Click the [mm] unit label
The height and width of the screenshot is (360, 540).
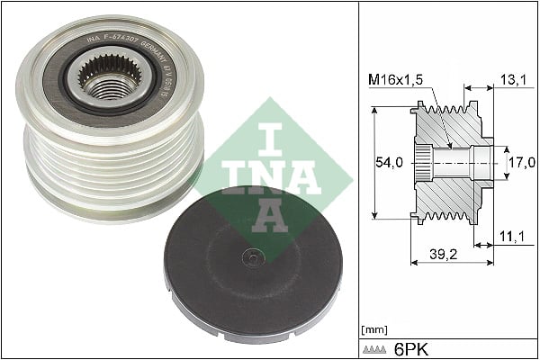[x=372, y=330]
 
